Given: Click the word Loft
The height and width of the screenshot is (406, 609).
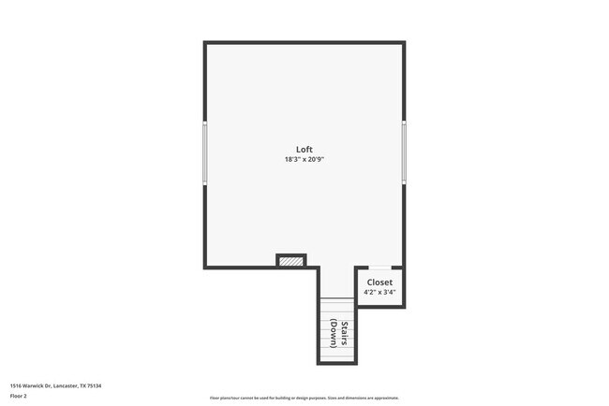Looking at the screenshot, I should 304,150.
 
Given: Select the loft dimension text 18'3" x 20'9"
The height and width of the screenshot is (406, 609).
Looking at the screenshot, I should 304,159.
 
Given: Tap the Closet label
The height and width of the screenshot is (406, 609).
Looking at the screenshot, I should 379,282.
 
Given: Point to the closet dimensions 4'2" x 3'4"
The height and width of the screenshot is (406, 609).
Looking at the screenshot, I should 379,292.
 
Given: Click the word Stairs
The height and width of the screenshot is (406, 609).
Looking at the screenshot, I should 345,334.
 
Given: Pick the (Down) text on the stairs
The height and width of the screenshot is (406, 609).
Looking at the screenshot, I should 334,334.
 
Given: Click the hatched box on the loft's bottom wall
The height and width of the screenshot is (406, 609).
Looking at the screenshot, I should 291,261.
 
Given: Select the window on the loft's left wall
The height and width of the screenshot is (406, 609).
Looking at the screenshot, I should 205,153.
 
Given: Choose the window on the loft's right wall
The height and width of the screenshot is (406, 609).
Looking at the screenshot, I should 404,153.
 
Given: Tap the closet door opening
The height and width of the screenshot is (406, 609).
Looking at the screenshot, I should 379,268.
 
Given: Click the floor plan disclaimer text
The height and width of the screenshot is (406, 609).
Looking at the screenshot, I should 304,398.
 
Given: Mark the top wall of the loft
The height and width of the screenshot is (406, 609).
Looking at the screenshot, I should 304,42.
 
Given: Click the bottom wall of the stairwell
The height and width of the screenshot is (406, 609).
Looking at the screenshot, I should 337,363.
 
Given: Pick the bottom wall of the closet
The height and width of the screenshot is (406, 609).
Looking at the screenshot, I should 379,306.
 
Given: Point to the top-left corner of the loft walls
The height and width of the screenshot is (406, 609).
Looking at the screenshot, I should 206,43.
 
